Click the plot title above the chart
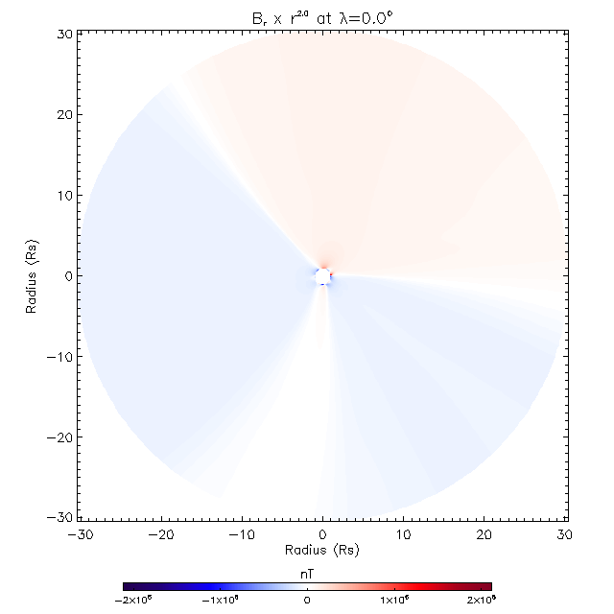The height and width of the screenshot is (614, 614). click(x=322, y=14)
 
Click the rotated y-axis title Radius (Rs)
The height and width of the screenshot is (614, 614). click(x=33, y=276)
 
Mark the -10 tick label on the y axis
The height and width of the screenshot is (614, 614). click(x=60, y=357)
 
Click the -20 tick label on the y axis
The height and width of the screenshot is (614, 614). click(x=60, y=437)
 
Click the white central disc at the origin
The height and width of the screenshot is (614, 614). click(x=323, y=276)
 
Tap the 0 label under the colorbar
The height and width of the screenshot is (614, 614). click(x=307, y=600)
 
